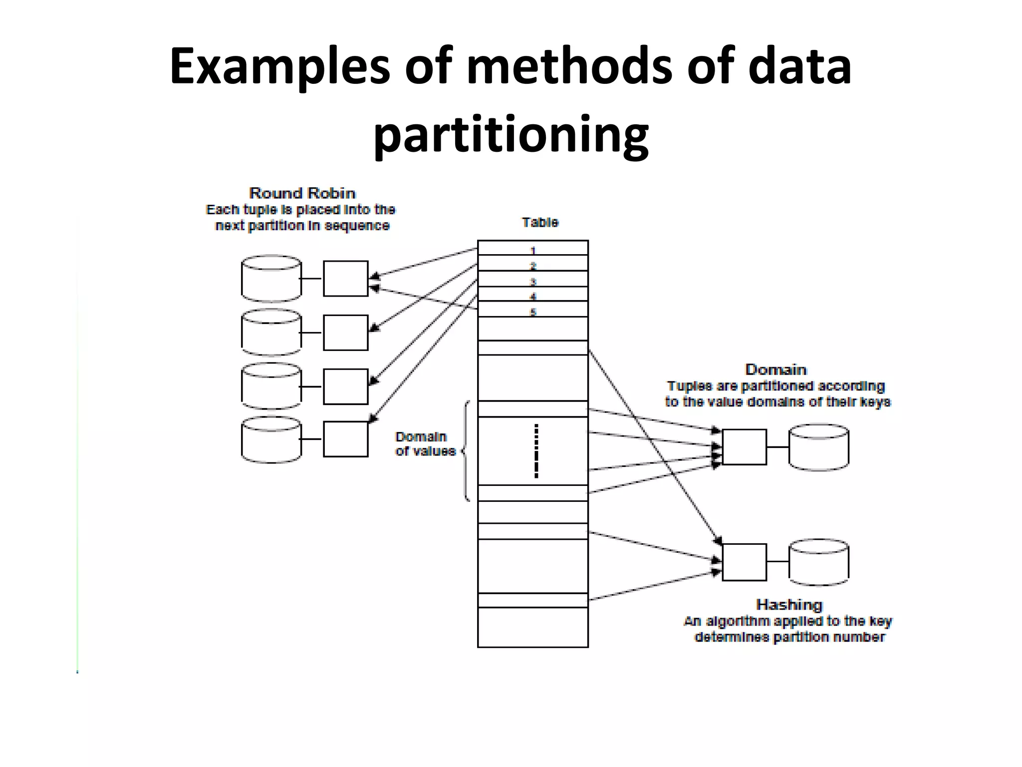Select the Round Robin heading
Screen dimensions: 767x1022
click(302, 193)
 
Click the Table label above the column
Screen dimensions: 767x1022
click(540, 222)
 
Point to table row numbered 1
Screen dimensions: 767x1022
click(532, 249)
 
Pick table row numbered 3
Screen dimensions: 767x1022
click(532, 280)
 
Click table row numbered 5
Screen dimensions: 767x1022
click(532, 310)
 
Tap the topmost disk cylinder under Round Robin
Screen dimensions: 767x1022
click(271, 279)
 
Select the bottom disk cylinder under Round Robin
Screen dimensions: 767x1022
click(271, 439)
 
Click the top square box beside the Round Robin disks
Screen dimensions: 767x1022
click(345, 279)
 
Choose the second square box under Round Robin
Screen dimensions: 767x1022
click(345, 333)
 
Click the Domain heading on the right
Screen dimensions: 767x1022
click(775, 370)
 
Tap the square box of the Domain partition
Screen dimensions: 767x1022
click(744, 447)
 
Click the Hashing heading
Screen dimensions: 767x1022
click(789, 605)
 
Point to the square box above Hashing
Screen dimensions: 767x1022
click(744, 562)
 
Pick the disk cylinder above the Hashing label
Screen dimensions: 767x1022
click(818, 562)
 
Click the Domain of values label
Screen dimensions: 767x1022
click(425, 444)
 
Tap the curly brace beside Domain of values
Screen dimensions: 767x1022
click(466, 451)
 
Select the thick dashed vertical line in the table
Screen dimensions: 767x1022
click(536, 451)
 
